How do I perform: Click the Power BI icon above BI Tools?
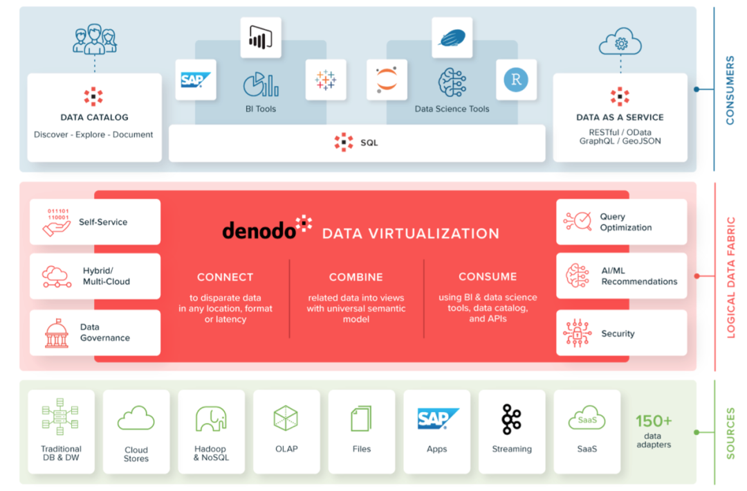click(261, 37)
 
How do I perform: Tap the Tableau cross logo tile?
click(325, 80)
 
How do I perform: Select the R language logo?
click(516, 80)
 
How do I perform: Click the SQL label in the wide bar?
click(369, 143)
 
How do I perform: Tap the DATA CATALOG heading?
click(94, 118)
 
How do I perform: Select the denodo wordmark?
click(259, 231)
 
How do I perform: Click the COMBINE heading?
click(356, 277)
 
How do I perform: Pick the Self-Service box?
click(95, 222)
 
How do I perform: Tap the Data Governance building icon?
click(57, 332)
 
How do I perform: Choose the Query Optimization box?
click(621, 222)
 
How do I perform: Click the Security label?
click(618, 334)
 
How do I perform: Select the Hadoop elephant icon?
click(211, 419)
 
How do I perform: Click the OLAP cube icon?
click(286, 418)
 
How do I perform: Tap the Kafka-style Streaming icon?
click(512, 419)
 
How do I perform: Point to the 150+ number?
click(654, 421)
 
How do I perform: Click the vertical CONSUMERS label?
click(730, 91)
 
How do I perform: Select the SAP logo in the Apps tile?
click(437, 419)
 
